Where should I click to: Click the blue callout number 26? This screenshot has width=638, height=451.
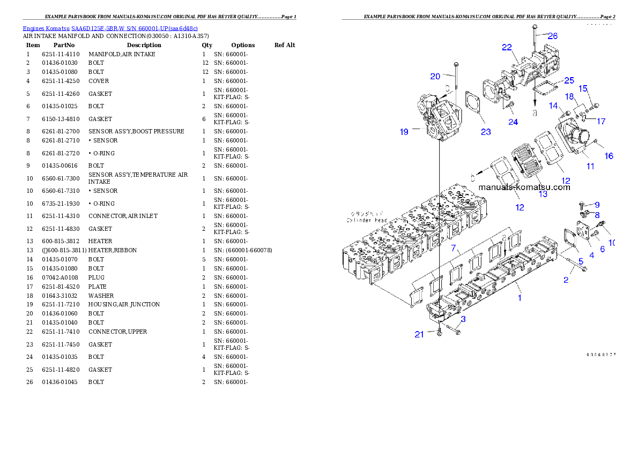pos(552,36)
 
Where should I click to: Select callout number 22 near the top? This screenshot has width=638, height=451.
pos(507,47)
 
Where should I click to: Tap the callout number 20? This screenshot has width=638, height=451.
pos(435,76)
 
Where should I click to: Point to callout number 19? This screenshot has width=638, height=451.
pos(404,132)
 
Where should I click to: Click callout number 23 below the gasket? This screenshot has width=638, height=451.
pos(486,132)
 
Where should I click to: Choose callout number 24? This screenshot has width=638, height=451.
pos(513,122)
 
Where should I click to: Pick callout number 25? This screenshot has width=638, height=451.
pos(569,80)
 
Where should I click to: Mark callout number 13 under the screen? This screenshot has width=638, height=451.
pos(543,194)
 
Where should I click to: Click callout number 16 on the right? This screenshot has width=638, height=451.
pos(609,156)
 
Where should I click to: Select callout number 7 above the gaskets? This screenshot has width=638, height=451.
pos(454,248)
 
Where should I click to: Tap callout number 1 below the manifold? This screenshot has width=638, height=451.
pos(519,298)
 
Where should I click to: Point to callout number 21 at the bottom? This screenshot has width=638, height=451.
pos(419,334)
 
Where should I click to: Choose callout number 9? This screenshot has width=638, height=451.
pos(597,205)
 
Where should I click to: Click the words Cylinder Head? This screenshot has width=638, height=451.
pos(367,220)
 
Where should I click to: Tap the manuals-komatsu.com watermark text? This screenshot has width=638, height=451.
pos(524,187)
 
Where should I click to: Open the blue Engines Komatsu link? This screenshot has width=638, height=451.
pos(110,28)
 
